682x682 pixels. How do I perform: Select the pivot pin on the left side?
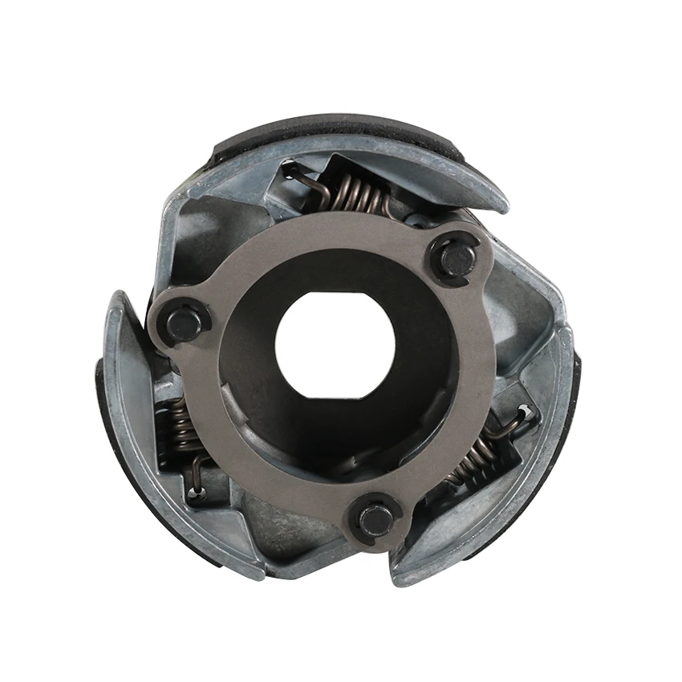click(x=184, y=323)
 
